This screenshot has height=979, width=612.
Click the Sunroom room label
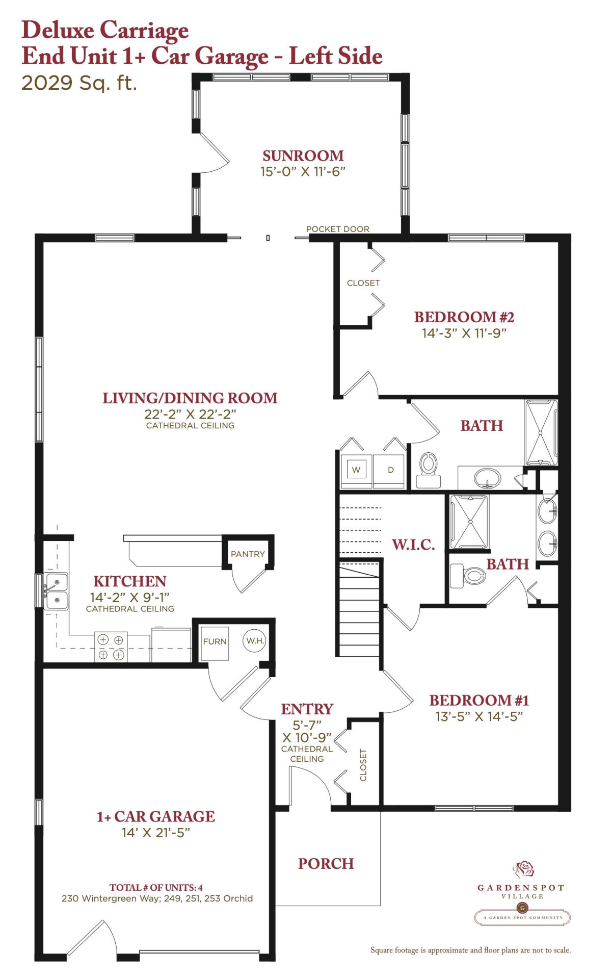click(303, 156)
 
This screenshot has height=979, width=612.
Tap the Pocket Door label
click(338, 229)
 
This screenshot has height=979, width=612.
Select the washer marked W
click(356, 470)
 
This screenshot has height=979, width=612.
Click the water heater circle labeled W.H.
click(255, 640)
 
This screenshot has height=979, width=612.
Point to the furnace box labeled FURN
click(215, 642)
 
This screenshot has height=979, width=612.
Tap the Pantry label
click(248, 554)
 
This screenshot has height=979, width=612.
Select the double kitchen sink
click(56, 591)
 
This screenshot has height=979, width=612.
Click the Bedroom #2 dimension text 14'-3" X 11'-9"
click(464, 333)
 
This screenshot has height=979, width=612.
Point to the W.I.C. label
click(413, 545)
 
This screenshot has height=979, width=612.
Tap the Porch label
click(326, 863)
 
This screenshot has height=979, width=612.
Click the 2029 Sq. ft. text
click(79, 83)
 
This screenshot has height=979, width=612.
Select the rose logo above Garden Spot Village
click(523, 868)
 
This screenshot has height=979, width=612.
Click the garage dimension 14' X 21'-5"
click(156, 833)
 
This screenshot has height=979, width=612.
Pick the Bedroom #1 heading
click(479, 700)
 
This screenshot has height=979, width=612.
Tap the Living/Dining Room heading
click(190, 398)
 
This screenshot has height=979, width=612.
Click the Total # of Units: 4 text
click(156, 887)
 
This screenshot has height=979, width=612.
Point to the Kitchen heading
click(130, 581)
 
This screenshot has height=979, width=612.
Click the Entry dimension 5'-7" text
click(307, 725)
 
